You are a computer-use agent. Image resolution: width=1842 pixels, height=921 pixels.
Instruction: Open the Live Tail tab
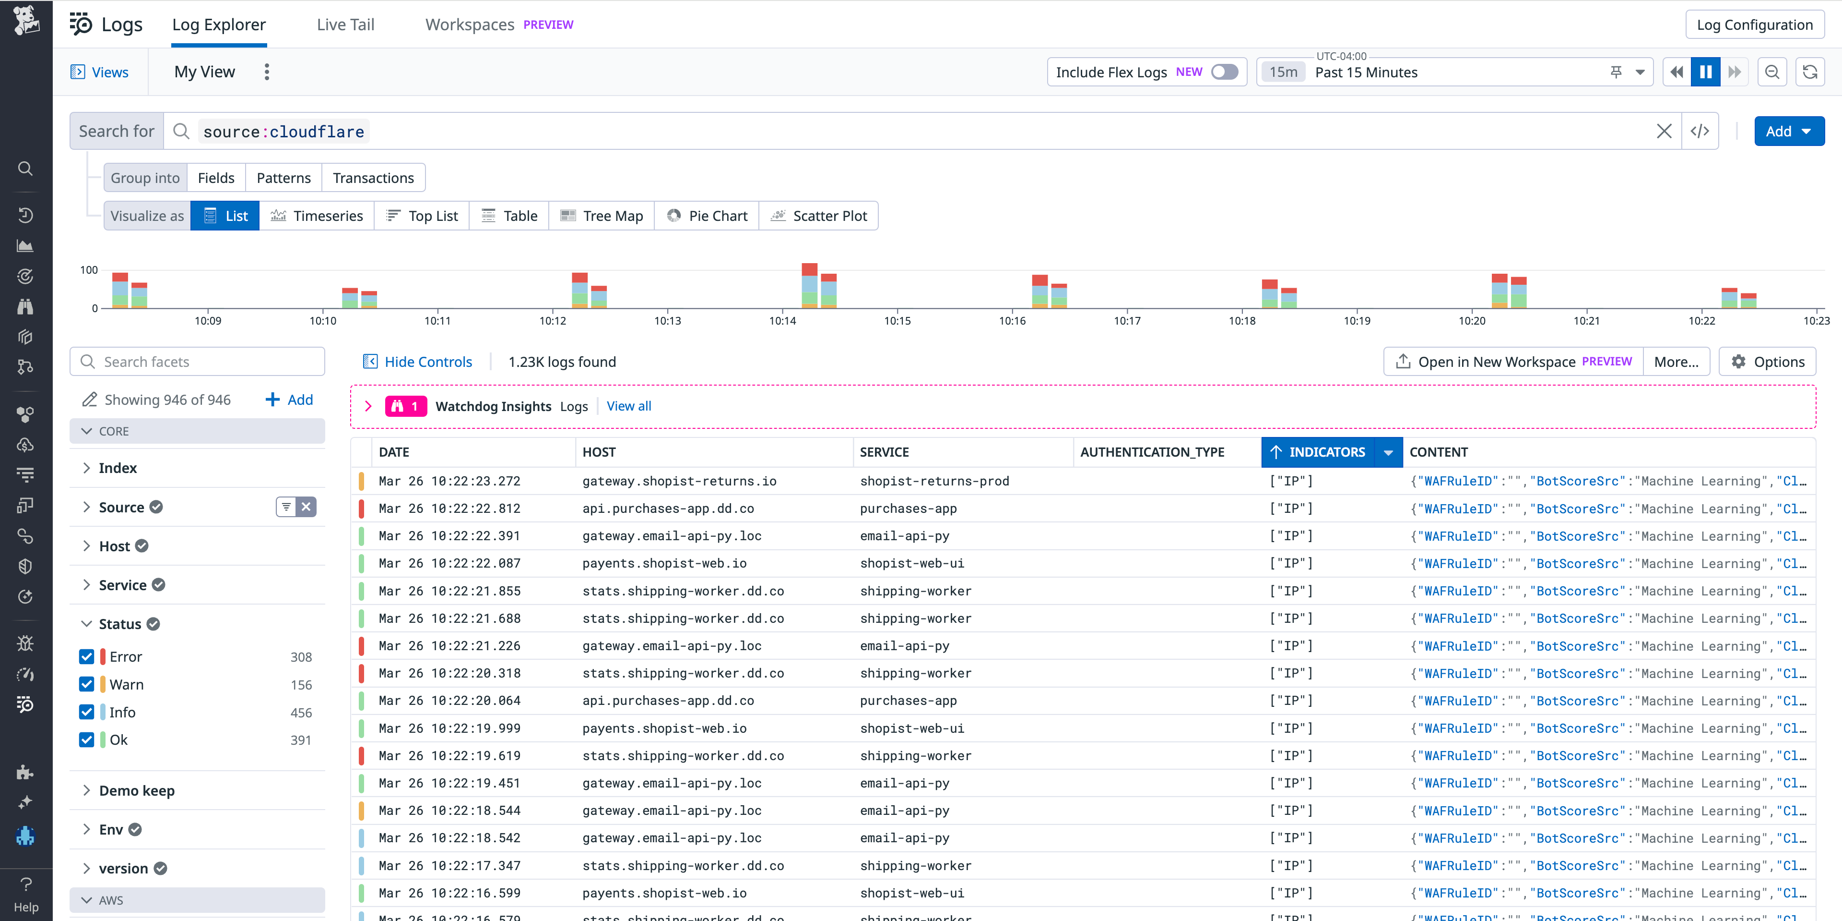[x=345, y=24]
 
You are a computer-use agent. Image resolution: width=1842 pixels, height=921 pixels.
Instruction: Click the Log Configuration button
[x=1754, y=24]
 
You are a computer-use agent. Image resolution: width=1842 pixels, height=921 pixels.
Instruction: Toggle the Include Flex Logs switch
[x=1224, y=72]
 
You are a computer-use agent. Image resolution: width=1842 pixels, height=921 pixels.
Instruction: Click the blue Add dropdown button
[x=1788, y=131]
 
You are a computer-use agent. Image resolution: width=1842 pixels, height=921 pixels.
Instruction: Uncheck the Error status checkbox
[x=86, y=656]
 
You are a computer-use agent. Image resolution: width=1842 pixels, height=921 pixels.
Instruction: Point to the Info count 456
[x=301, y=712]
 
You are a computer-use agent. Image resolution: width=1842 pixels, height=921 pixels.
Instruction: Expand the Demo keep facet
[x=137, y=790]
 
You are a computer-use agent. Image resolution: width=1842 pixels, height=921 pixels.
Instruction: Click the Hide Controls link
[x=427, y=362]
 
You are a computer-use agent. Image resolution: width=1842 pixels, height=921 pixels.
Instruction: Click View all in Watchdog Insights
[x=628, y=406]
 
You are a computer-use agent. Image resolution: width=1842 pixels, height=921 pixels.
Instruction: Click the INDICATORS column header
[x=1326, y=451]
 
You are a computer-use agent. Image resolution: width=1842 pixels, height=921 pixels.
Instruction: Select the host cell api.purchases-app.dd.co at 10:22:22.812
[x=668, y=508]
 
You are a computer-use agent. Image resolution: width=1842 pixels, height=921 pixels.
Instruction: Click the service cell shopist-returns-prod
[x=934, y=481]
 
